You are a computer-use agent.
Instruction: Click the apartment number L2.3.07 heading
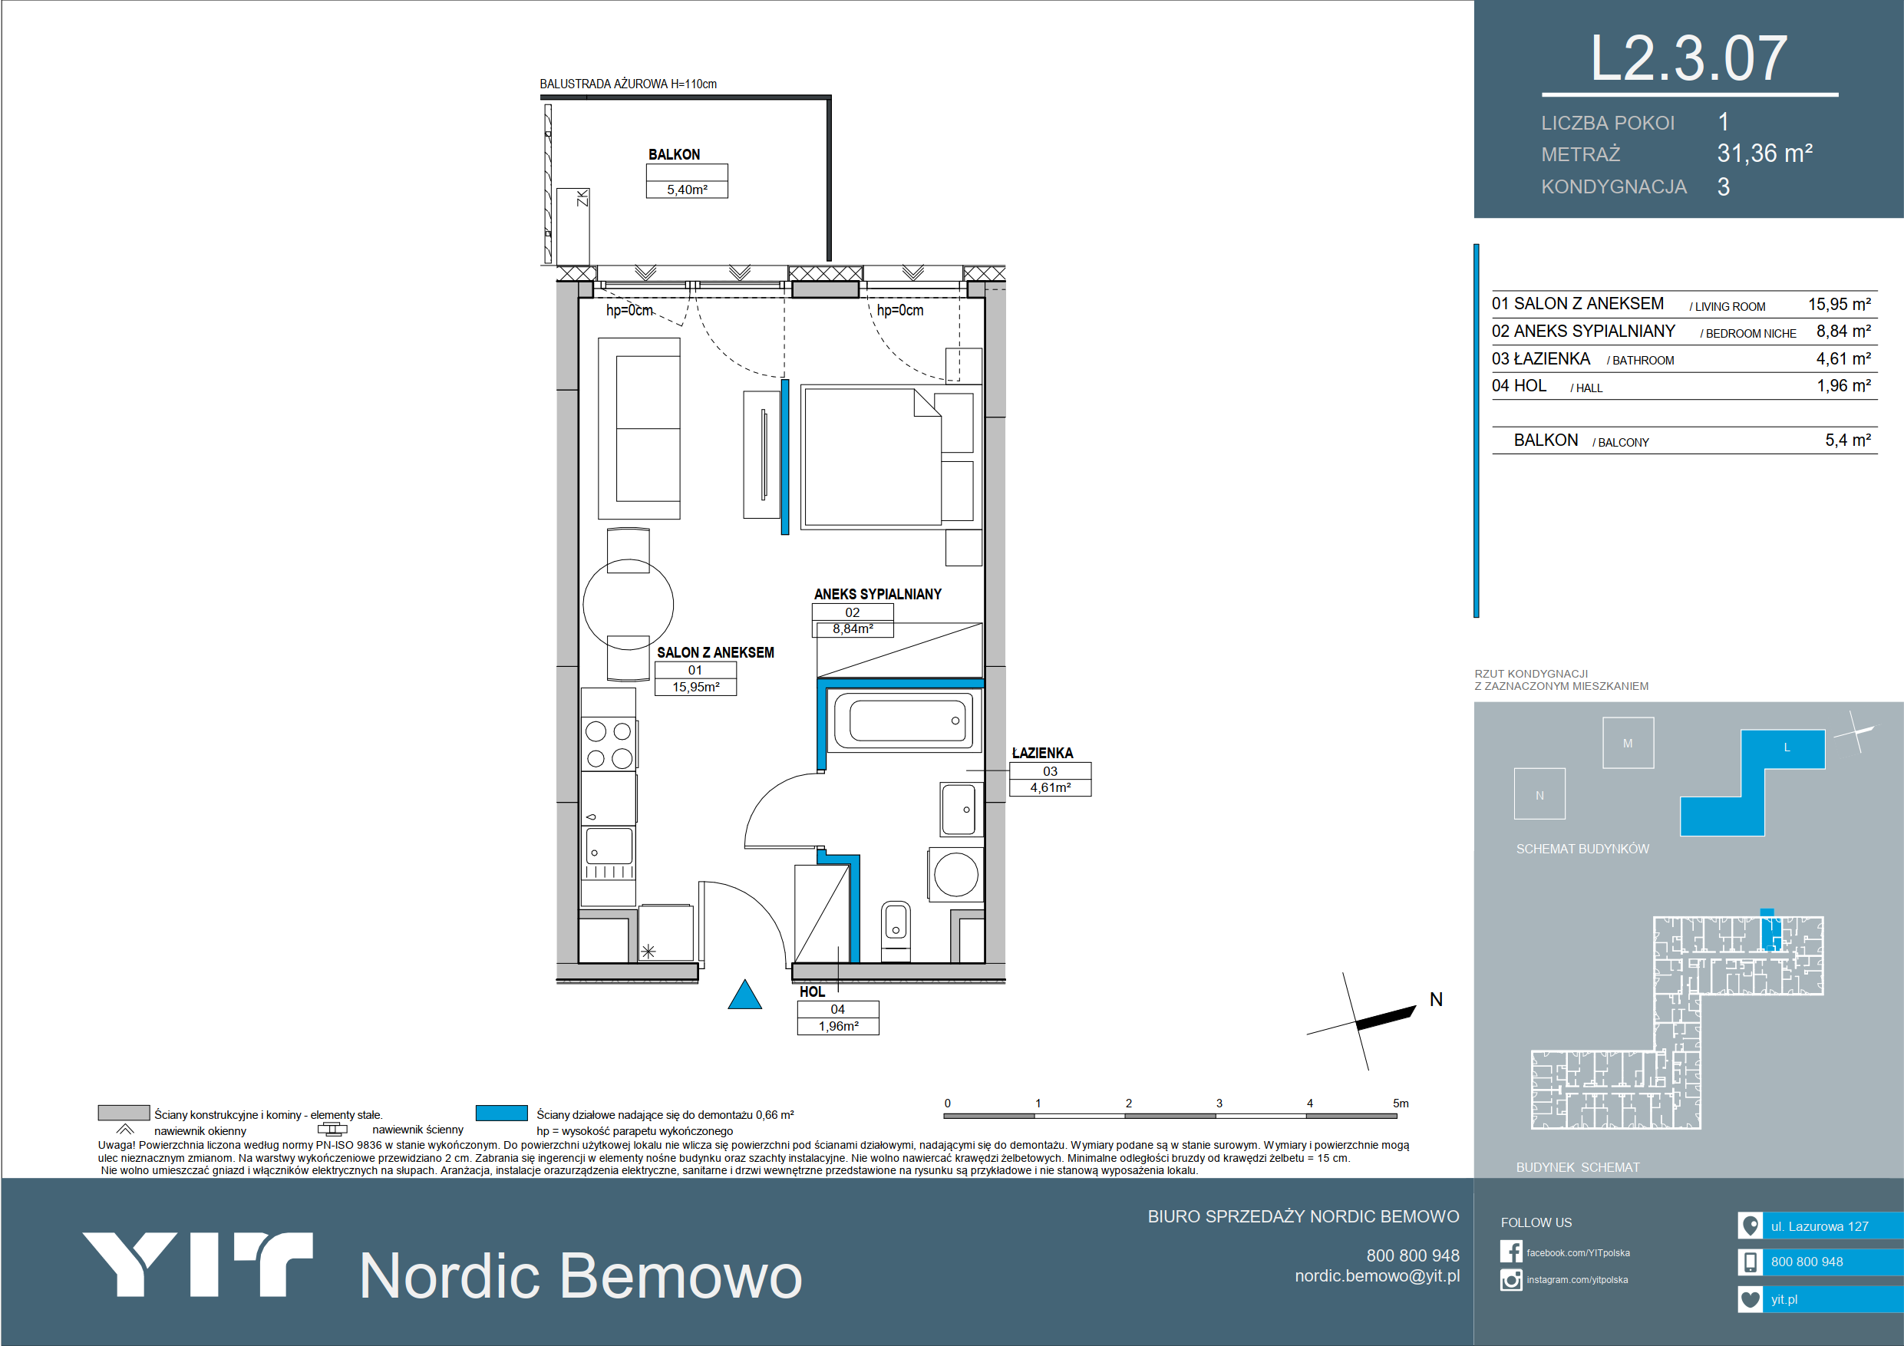click(1688, 59)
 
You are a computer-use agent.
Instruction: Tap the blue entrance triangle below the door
click(744, 996)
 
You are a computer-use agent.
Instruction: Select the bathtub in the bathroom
click(904, 721)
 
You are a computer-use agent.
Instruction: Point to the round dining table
click(628, 605)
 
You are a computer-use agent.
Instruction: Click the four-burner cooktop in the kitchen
click(609, 744)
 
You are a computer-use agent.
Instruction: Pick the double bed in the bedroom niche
click(872, 456)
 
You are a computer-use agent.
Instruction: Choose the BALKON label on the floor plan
click(675, 155)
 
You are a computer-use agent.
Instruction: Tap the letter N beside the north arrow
click(1437, 999)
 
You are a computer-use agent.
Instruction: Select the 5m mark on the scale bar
click(1401, 1104)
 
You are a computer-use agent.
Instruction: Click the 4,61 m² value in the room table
click(1843, 359)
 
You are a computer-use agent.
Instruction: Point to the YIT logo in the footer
click(197, 1265)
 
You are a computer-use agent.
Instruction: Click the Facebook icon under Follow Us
click(1511, 1252)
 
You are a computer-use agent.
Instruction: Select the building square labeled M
click(1628, 743)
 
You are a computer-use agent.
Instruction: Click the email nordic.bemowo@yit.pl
click(1378, 1276)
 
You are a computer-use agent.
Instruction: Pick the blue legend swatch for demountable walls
click(502, 1113)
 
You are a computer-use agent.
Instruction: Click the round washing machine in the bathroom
click(956, 874)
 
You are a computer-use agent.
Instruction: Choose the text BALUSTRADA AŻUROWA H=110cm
click(628, 84)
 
